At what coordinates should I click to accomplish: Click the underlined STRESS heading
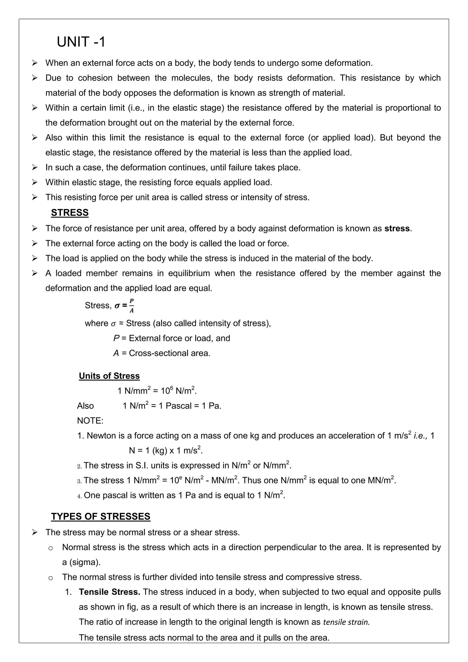[70, 213]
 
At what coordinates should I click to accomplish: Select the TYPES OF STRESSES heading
[101, 516]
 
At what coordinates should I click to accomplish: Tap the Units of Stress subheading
[109, 376]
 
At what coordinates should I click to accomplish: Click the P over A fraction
[131, 306]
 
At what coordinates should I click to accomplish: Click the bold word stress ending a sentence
[397, 229]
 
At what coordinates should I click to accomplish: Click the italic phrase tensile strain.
[346, 622]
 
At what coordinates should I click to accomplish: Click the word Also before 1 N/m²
[85, 406]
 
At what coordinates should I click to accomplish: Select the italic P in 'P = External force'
[116, 338]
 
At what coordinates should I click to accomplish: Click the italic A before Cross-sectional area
[116, 353]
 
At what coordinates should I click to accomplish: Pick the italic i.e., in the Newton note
[420, 436]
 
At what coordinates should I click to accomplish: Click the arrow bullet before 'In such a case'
[35, 168]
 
